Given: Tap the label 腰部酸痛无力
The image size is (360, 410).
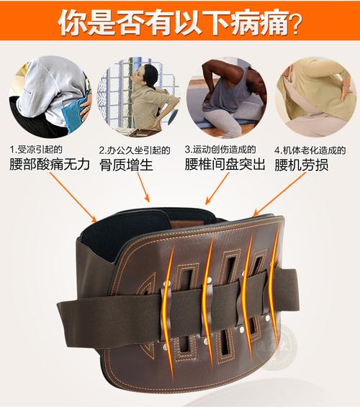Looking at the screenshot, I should pos(50,165).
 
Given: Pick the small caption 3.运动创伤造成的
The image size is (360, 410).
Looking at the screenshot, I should pos(220,150).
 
